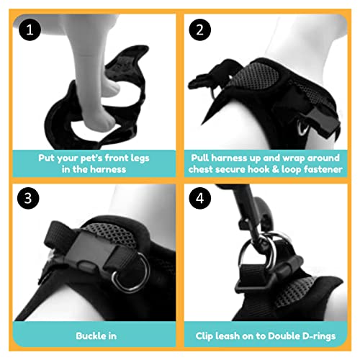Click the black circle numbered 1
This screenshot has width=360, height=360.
pos(30,30)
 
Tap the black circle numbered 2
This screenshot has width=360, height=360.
pos(199,30)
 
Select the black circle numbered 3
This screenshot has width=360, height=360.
pos(28,198)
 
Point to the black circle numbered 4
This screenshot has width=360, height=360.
pos(199,198)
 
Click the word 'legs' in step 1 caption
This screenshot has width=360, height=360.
pos(140,158)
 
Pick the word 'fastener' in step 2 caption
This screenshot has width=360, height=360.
pos(323,169)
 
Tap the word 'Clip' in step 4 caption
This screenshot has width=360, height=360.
pos(204,336)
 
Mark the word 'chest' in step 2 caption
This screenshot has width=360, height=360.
pos(200,169)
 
